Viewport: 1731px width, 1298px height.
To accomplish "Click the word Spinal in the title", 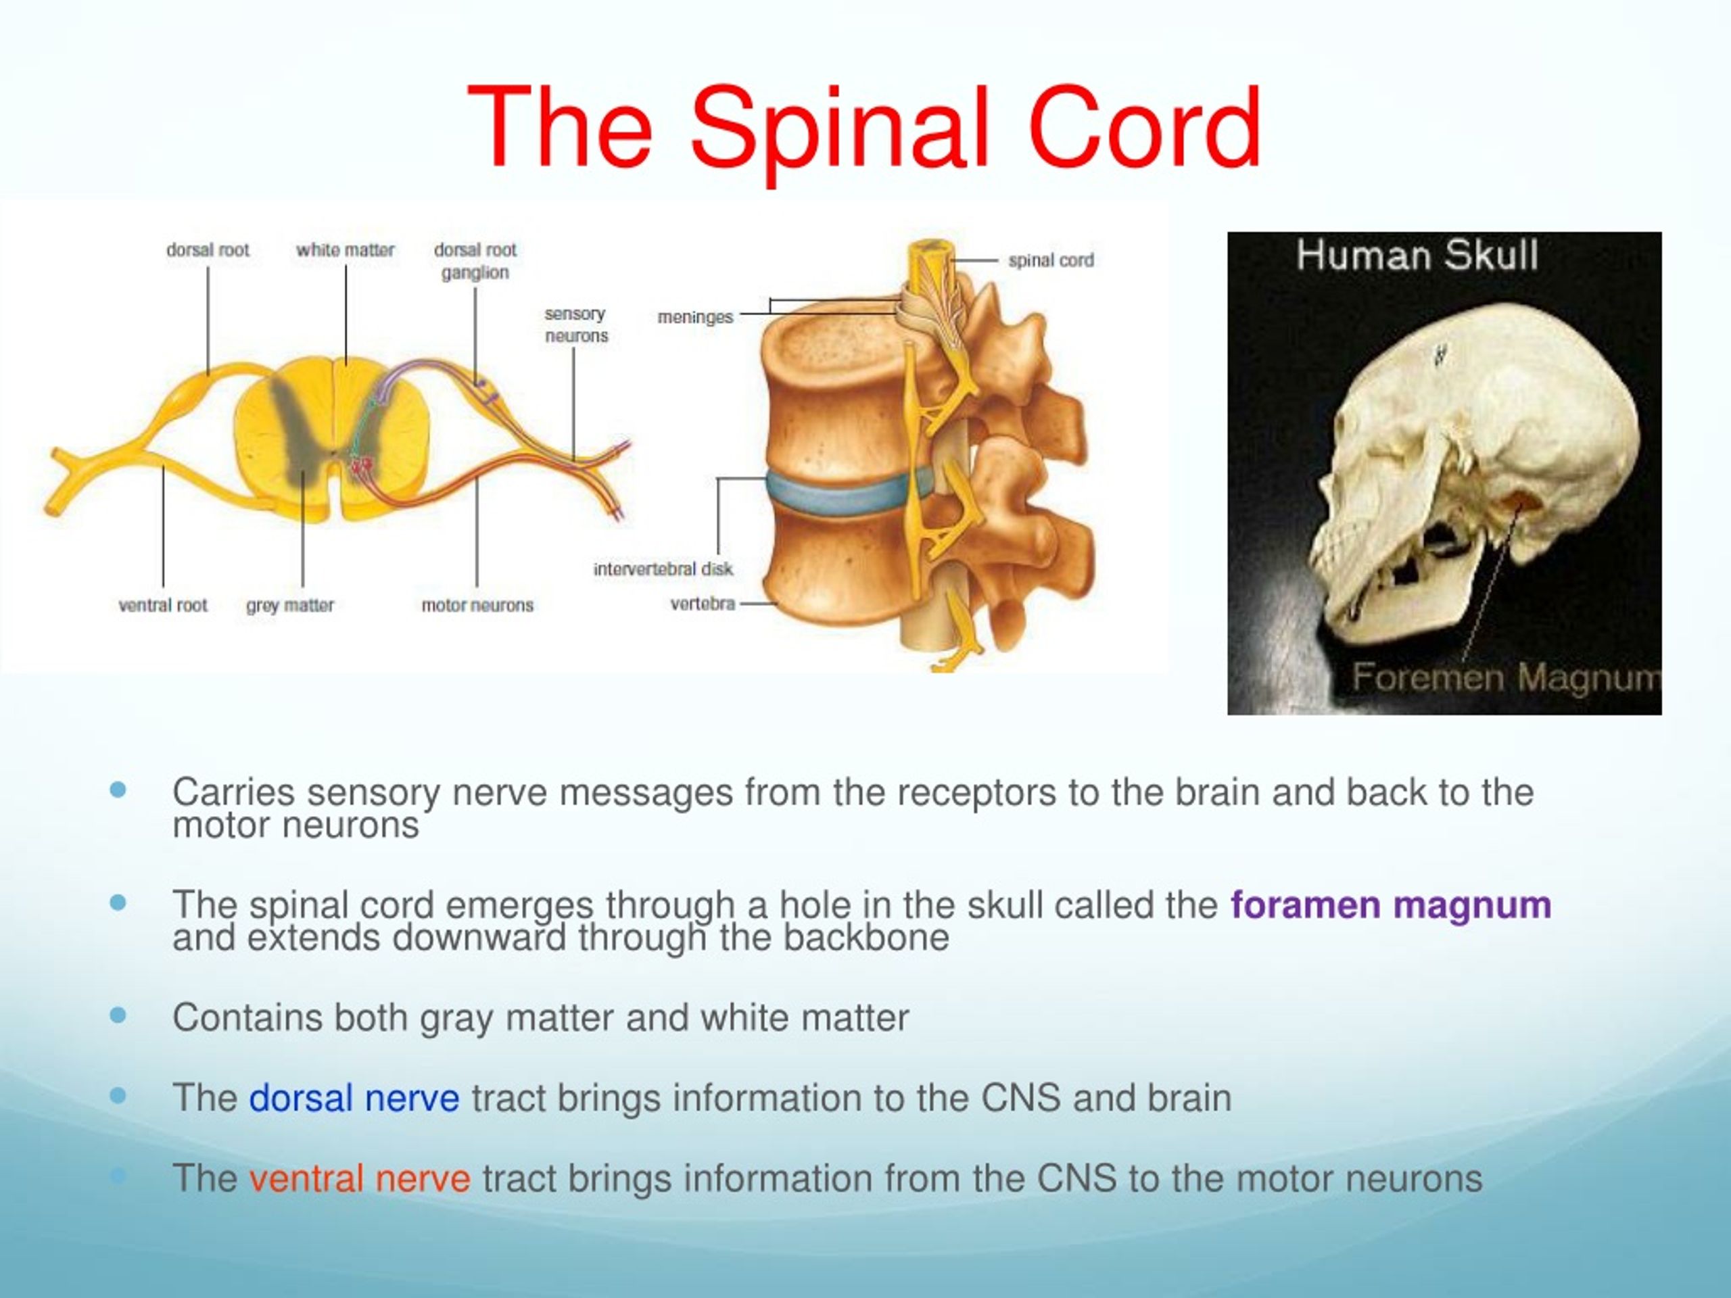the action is click(846, 129).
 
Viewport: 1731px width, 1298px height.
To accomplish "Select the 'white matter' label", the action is click(345, 250).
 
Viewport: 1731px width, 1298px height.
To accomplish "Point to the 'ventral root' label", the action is click(163, 605).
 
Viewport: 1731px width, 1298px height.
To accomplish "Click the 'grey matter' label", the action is click(289, 606).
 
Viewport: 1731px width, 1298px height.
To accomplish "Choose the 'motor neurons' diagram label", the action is click(477, 605).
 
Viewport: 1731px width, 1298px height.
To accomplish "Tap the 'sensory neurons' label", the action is click(576, 324).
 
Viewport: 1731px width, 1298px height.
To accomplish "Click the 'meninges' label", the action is click(695, 318).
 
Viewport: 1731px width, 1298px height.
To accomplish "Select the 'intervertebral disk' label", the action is click(663, 569).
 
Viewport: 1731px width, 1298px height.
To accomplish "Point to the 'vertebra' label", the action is click(703, 604).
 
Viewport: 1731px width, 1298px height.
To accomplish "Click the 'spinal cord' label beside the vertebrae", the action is click(1051, 260).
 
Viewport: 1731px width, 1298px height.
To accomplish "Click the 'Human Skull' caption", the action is click(1417, 256).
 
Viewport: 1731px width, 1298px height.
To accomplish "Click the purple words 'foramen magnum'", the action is click(1391, 905).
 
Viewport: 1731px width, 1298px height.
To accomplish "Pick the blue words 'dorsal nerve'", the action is click(354, 1098).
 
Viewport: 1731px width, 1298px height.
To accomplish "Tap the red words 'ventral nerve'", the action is click(360, 1178).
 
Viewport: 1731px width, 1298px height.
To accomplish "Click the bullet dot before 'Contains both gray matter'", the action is click(118, 1015).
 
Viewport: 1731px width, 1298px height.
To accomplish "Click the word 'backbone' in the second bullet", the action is click(866, 937).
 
